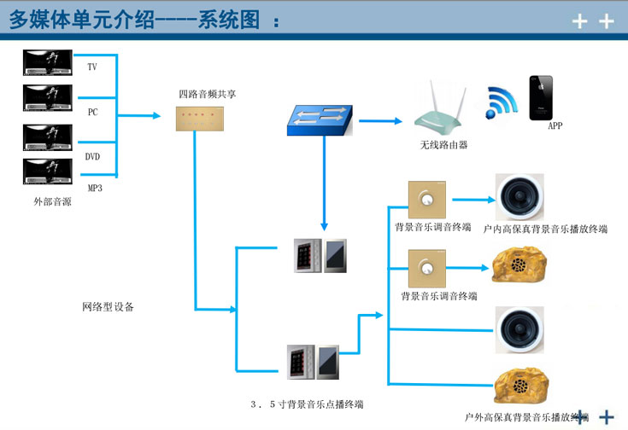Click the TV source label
point(92,67)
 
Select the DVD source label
point(93,157)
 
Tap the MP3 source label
point(95,188)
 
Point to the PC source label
point(92,112)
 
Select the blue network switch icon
point(319,120)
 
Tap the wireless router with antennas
point(443,112)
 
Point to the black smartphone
point(541,98)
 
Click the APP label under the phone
point(555,126)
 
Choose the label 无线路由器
point(443,145)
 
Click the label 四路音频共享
point(207,94)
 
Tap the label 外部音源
point(52,202)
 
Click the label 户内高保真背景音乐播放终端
point(545,229)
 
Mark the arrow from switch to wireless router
point(380,120)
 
